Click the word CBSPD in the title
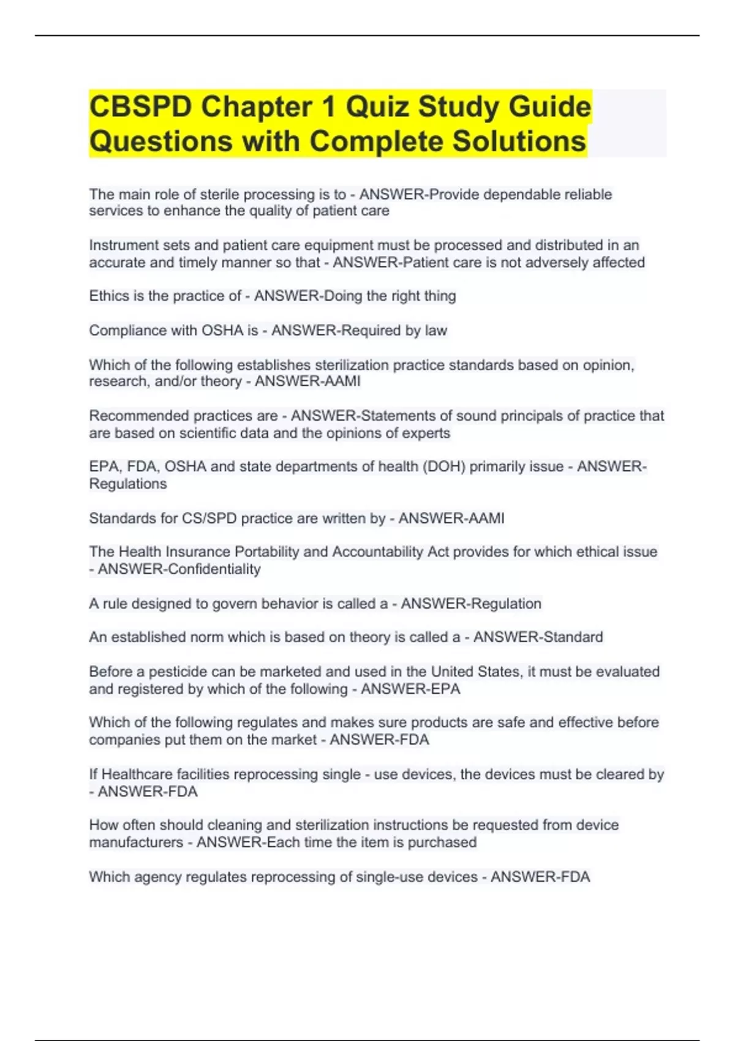tap(140, 107)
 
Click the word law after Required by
tap(436, 330)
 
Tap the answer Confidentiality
tap(214, 569)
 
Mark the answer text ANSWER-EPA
tap(410, 689)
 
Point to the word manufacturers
tap(136, 843)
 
